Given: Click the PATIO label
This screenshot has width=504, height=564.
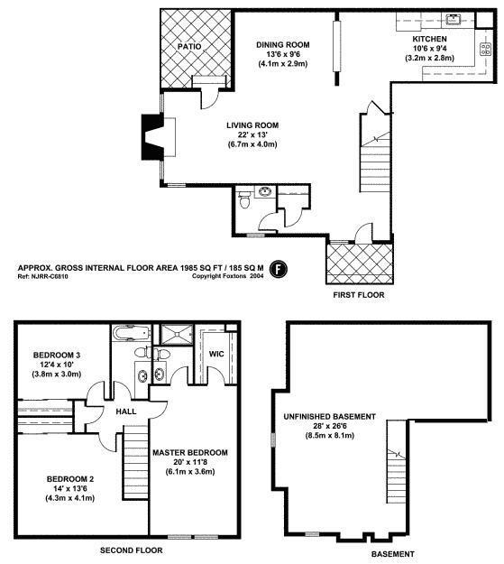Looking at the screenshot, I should pyautogui.click(x=188, y=46).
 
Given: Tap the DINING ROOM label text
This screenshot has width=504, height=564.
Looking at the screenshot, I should pyautogui.click(x=283, y=44).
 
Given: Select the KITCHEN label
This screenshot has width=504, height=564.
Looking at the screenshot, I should pyautogui.click(x=429, y=40).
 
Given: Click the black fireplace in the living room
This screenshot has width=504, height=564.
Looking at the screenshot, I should pyautogui.click(x=148, y=136).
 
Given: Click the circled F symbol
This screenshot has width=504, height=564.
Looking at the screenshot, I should pyautogui.click(x=280, y=268).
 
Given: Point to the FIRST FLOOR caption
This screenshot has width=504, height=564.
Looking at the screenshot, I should pyautogui.click(x=359, y=295).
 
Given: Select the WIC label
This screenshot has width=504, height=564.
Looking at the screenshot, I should pyautogui.click(x=216, y=354).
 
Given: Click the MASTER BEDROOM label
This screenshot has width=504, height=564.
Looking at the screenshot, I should pyautogui.click(x=189, y=452).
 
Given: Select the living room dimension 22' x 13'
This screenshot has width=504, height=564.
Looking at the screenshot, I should pyautogui.click(x=252, y=136).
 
